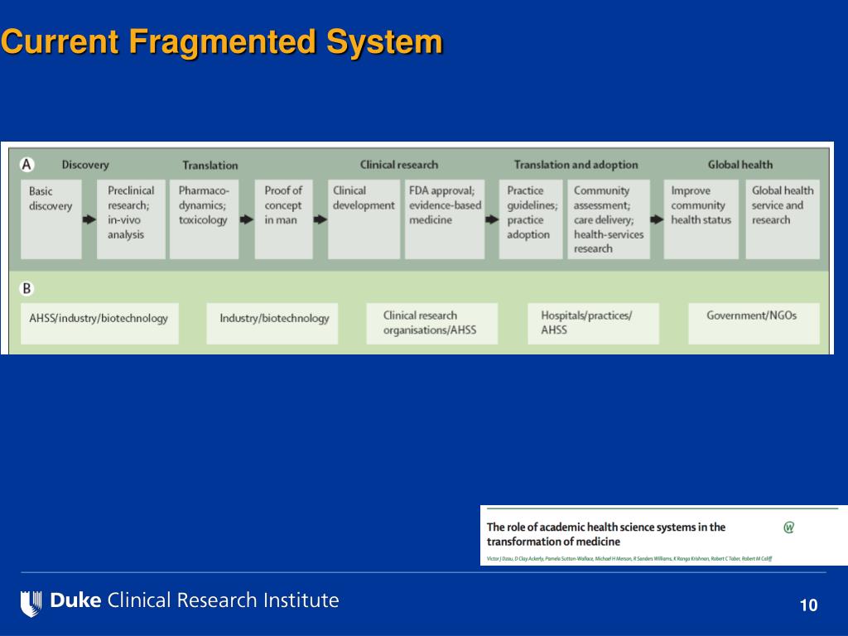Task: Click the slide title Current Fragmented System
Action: point(221,41)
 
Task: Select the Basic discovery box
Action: point(51,219)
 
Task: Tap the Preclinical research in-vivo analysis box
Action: point(131,219)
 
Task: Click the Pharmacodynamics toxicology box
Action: point(204,219)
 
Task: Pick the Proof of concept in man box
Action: point(283,219)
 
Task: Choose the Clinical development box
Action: point(364,219)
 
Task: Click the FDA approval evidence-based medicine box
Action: point(445,219)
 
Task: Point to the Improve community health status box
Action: point(701,219)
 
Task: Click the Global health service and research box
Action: point(783,219)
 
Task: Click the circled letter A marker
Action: point(27,164)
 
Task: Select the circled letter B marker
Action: point(27,289)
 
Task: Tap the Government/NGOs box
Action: point(754,323)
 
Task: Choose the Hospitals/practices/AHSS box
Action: point(593,323)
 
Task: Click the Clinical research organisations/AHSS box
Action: point(432,323)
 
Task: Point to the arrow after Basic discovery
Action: point(89,220)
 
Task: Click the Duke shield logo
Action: point(31,602)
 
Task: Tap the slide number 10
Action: point(808,605)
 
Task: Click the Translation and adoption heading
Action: point(576,165)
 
